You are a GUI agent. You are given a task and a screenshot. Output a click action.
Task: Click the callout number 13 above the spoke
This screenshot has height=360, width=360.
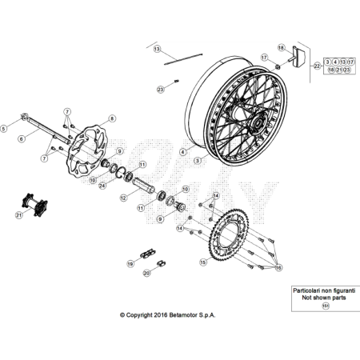(157, 49)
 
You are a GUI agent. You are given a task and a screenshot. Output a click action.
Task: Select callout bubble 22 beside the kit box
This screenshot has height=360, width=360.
(318, 66)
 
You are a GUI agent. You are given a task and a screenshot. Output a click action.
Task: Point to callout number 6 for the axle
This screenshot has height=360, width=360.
(21, 138)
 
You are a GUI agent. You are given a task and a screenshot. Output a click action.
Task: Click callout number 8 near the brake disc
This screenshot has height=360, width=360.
(112, 118)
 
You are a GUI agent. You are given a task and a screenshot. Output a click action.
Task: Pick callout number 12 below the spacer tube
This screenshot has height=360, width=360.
(123, 197)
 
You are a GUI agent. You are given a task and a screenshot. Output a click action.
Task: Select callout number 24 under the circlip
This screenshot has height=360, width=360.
(102, 186)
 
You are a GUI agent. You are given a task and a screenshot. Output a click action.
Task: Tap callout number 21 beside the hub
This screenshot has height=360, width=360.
(18, 215)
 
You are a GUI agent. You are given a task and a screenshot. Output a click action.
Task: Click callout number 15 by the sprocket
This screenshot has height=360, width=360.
(203, 261)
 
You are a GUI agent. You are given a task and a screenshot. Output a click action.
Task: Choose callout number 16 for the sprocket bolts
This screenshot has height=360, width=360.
(278, 270)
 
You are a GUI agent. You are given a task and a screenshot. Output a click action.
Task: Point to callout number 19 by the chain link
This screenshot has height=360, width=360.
(130, 262)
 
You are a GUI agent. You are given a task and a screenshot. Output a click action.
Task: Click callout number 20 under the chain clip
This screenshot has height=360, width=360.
(146, 273)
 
